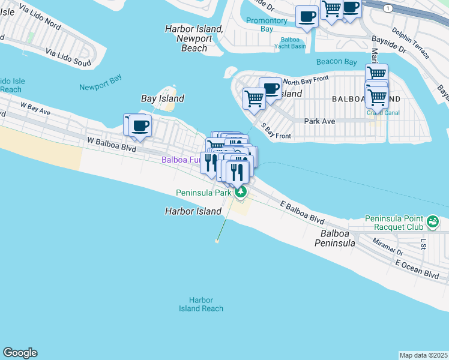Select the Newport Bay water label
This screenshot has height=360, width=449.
100,87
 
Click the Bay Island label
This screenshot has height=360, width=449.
162,98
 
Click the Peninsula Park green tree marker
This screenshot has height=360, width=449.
241,192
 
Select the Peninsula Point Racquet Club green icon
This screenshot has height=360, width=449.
432,223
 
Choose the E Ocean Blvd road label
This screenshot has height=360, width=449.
417,268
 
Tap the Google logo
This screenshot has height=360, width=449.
20,353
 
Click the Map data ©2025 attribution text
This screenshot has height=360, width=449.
423,355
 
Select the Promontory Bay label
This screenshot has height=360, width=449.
267,25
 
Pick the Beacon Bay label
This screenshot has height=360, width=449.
337,62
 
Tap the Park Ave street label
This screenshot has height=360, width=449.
319,121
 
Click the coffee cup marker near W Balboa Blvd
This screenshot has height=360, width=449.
140,126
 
